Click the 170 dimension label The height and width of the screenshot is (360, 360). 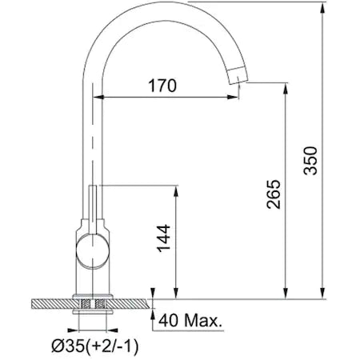pos(162,86)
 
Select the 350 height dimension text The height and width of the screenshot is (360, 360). pos(310,161)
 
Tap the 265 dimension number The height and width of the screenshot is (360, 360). pos(274,194)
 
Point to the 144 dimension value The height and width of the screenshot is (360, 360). pos(163,238)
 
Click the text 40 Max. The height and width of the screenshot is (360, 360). pos(190,320)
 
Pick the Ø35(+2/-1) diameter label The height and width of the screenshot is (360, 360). pos(95,346)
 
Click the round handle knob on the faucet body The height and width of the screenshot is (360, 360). pos(93,250)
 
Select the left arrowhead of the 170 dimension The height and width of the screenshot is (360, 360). pos(98,98)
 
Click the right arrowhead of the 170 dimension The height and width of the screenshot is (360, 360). pos(233,98)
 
